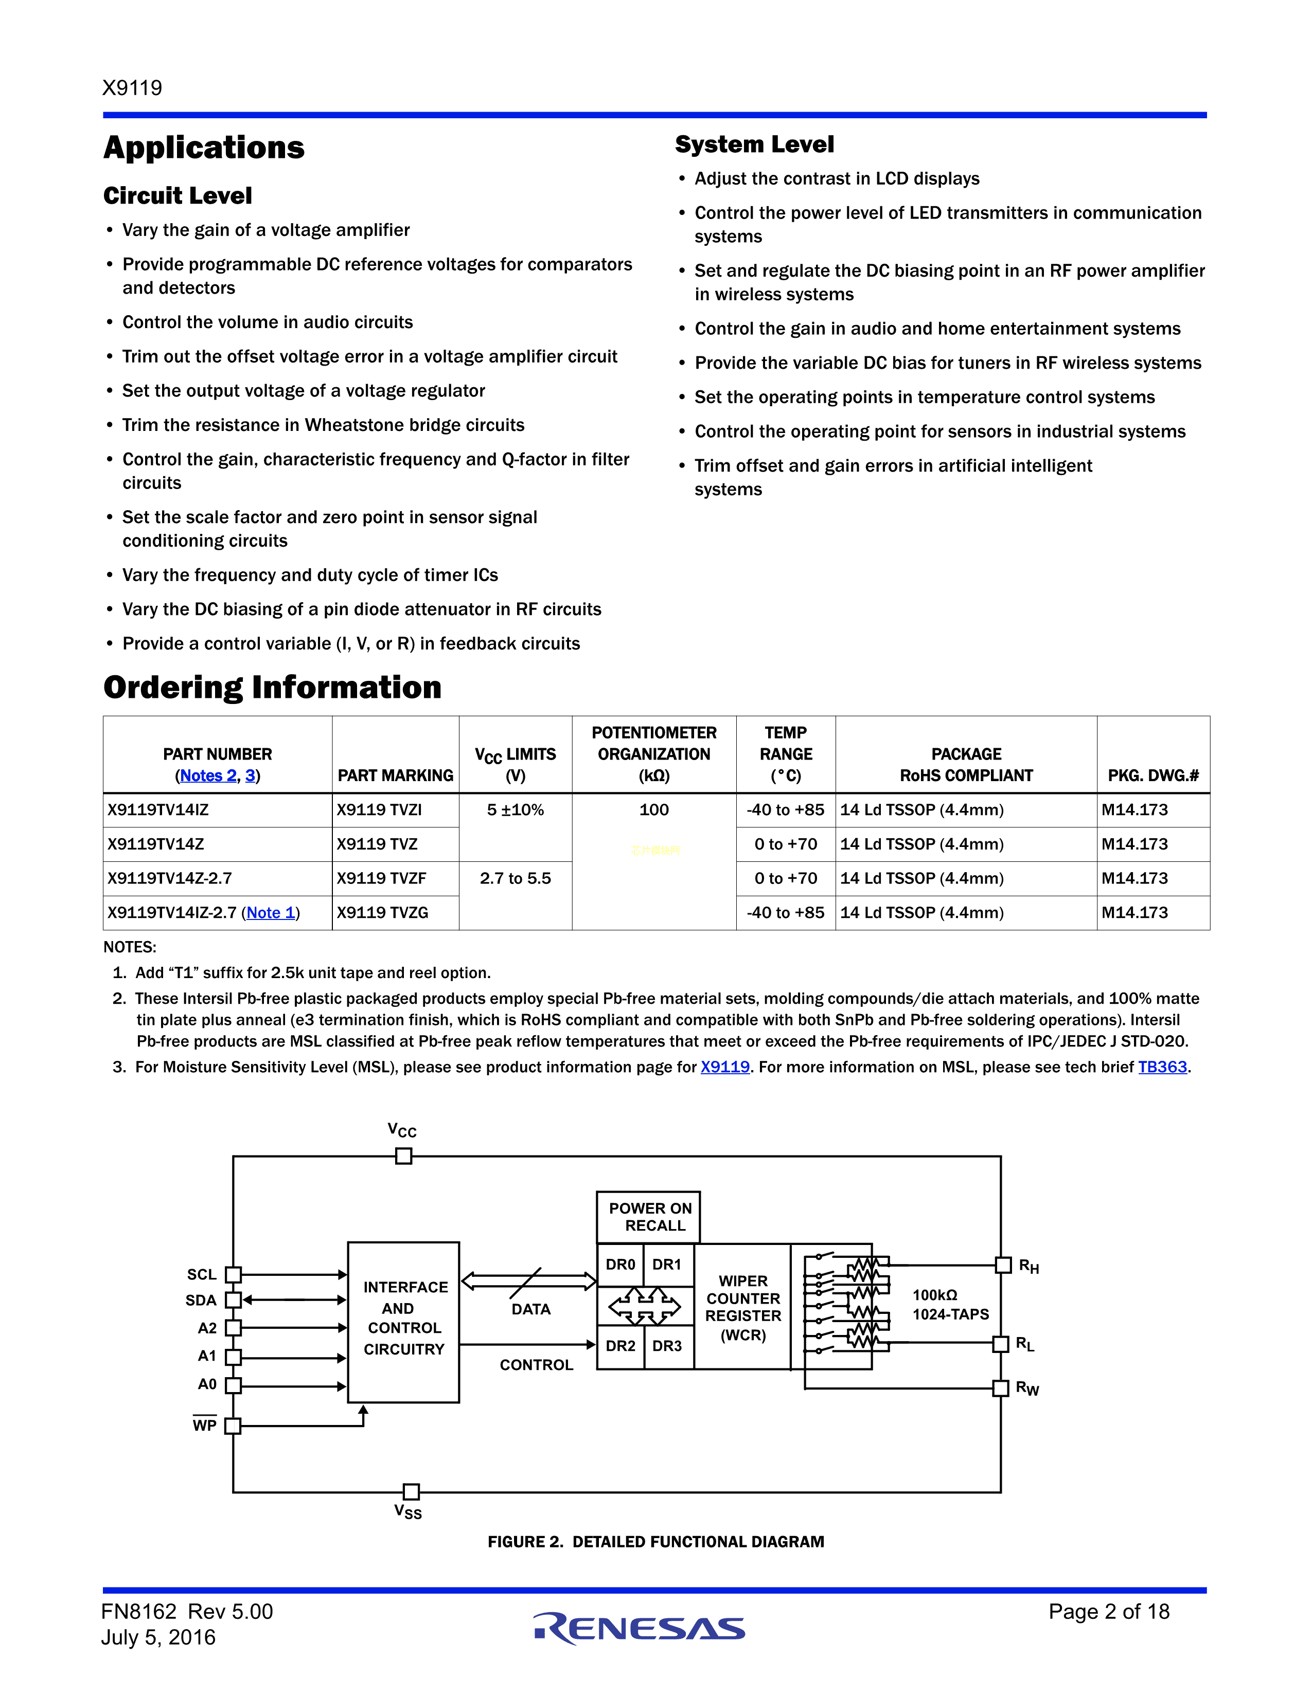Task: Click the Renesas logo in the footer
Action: [639, 1628]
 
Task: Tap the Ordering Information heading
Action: [272, 688]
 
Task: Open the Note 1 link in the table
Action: [271, 912]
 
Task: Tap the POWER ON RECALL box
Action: [649, 1217]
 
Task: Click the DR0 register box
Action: [620, 1264]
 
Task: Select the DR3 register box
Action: [667, 1346]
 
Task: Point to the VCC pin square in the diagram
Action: [403, 1156]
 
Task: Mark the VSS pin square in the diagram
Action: [411, 1491]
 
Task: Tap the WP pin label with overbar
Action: [204, 1425]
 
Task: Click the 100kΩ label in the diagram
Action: [934, 1294]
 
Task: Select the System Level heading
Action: [754, 145]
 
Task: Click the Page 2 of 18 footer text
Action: [1108, 1612]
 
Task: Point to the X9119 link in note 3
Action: [724, 1067]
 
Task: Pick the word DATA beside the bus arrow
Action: [531, 1309]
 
